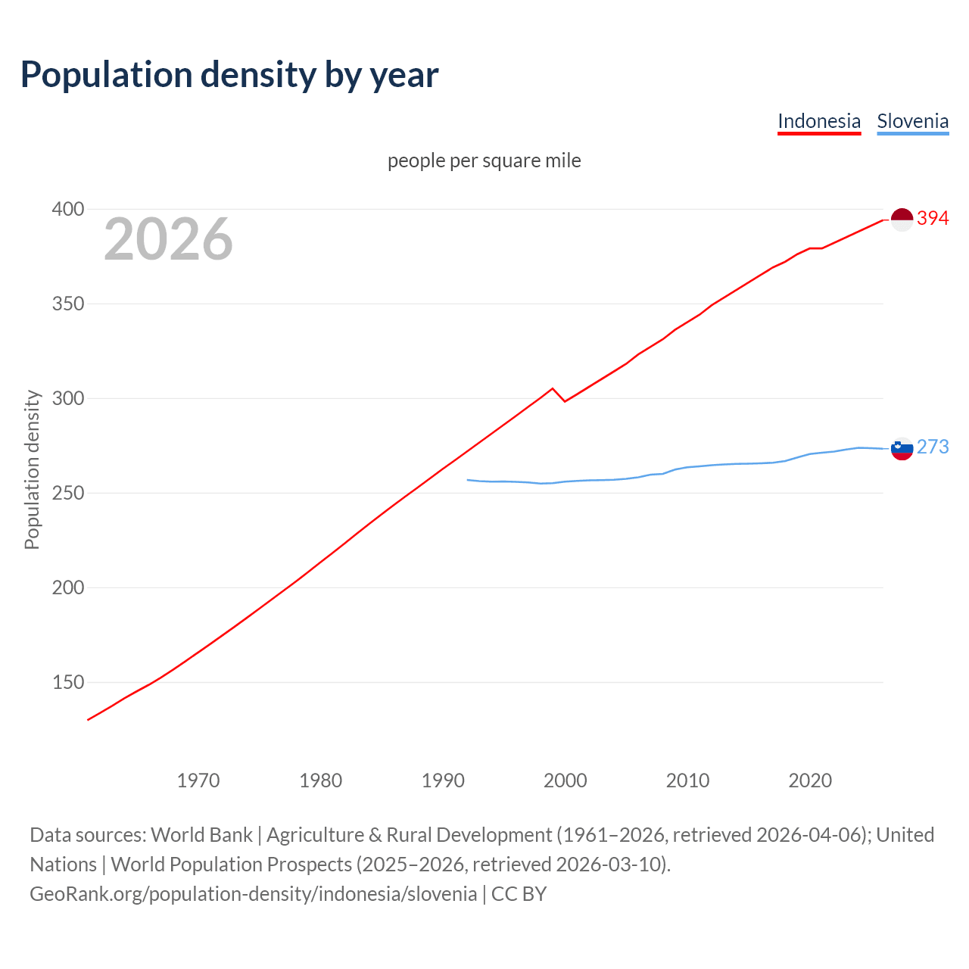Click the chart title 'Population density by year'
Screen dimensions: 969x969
click(x=229, y=75)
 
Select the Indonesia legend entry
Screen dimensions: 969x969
click(x=819, y=121)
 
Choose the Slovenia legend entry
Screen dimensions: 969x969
click(x=912, y=121)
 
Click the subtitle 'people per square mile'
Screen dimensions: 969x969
click(x=484, y=160)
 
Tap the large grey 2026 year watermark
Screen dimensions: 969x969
click(x=168, y=239)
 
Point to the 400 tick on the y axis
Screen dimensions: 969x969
click(x=67, y=209)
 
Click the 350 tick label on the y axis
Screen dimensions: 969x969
click(x=67, y=304)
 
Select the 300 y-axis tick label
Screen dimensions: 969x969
click(x=67, y=398)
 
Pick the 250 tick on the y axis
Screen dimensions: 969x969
click(x=67, y=493)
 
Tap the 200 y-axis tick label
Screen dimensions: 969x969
click(x=67, y=587)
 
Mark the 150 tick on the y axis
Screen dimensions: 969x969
click(x=67, y=682)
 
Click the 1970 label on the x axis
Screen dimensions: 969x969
click(x=198, y=780)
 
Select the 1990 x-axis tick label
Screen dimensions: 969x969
click(x=443, y=780)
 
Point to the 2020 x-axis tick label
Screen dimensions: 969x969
click(x=810, y=780)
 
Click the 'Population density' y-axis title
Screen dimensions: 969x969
click(x=32, y=469)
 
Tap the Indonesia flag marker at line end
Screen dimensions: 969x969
click(x=902, y=220)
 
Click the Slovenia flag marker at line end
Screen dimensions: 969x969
click(x=902, y=449)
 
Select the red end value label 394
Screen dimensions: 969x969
click(x=933, y=219)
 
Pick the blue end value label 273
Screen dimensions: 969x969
click(x=933, y=447)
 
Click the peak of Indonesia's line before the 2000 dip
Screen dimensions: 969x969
click(x=553, y=388)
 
